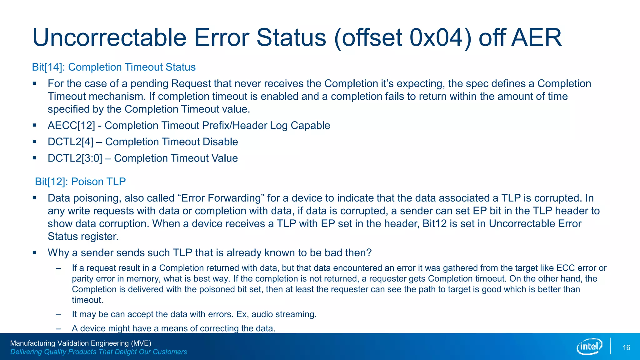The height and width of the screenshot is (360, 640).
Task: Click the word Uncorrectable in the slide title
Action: [109, 38]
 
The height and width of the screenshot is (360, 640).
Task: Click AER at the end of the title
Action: [536, 38]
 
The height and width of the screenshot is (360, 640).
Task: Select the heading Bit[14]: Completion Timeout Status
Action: [114, 67]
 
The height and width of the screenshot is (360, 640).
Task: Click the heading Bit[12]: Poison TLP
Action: [80, 182]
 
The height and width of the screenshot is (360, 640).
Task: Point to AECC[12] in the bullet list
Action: [71, 126]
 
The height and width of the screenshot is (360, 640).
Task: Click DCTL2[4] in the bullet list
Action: [70, 142]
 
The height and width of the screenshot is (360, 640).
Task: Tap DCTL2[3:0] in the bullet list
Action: [75, 158]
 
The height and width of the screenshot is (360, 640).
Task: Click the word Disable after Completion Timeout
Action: [220, 142]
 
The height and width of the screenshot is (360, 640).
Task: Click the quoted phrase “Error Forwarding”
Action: [221, 198]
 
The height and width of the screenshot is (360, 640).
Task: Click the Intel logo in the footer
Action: [589, 346]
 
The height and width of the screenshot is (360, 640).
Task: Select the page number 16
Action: [626, 348]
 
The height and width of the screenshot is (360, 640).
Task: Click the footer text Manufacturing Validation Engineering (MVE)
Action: [81, 343]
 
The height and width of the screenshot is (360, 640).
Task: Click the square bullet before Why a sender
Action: [34, 252]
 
